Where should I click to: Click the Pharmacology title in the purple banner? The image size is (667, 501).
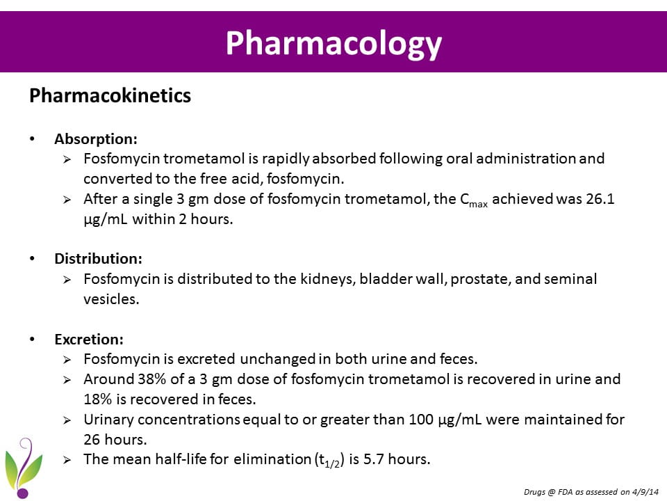[x=333, y=42]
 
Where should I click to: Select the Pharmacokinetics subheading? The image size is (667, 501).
[x=110, y=95]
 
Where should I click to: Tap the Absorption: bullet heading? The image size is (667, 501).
[x=96, y=138]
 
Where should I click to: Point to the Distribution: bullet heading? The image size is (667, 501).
[x=98, y=258]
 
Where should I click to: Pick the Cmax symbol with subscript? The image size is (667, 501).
[x=474, y=200]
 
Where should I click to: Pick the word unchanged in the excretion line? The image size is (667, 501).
[x=277, y=359]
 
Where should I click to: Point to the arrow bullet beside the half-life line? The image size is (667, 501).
[x=67, y=459]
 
